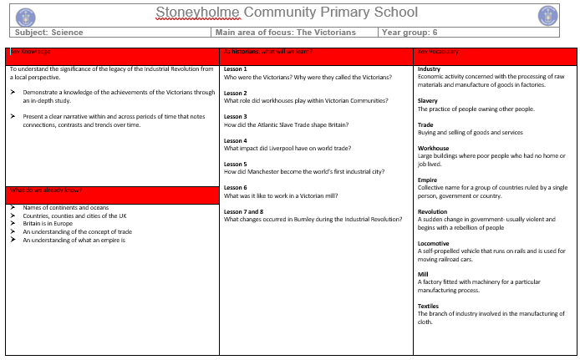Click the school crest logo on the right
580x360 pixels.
548,14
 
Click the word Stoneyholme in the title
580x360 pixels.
191,13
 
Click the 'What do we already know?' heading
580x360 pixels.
47,190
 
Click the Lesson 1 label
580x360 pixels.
235,69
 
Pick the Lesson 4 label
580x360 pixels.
235,140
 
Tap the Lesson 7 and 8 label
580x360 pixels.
243,211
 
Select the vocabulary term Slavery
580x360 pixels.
427,100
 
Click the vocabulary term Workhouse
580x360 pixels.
433,148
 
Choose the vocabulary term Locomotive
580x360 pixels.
433,243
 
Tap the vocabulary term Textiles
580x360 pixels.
430,307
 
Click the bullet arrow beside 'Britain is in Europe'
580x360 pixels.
13,224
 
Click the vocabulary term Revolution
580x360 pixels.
433,211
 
